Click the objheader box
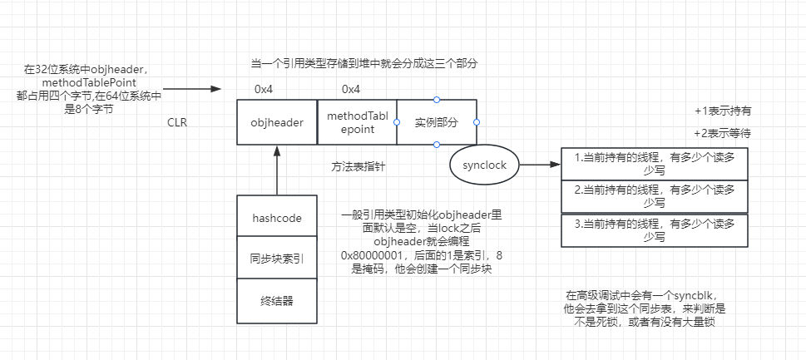(276, 123)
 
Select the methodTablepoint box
(356, 123)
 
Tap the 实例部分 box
(437, 123)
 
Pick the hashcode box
(276, 218)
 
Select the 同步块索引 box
(276, 259)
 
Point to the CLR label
(177, 122)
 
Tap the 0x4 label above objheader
(264, 89)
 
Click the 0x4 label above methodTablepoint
(351, 89)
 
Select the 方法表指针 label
(357, 166)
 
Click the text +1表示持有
(723, 111)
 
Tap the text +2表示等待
(723, 133)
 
